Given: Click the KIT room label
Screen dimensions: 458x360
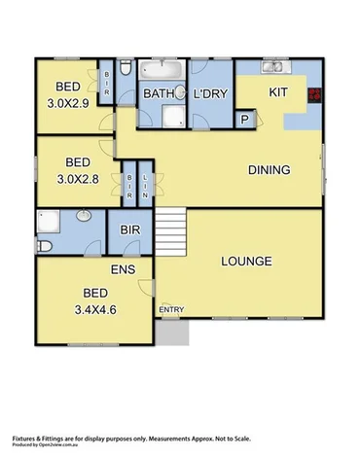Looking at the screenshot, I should pyautogui.click(x=279, y=91).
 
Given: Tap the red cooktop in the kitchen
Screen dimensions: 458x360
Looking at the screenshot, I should pyautogui.click(x=315, y=95).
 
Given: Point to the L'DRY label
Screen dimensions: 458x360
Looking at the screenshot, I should pyautogui.click(x=210, y=93).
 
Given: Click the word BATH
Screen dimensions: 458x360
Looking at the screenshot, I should pyautogui.click(x=159, y=93).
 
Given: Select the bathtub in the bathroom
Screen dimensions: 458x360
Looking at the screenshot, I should pyautogui.click(x=159, y=71).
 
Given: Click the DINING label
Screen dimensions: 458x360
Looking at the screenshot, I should pyautogui.click(x=269, y=170).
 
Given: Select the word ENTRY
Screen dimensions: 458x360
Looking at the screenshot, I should pyautogui.click(x=171, y=310).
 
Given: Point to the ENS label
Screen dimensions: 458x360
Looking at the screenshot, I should pyautogui.click(x=122, y=269).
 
